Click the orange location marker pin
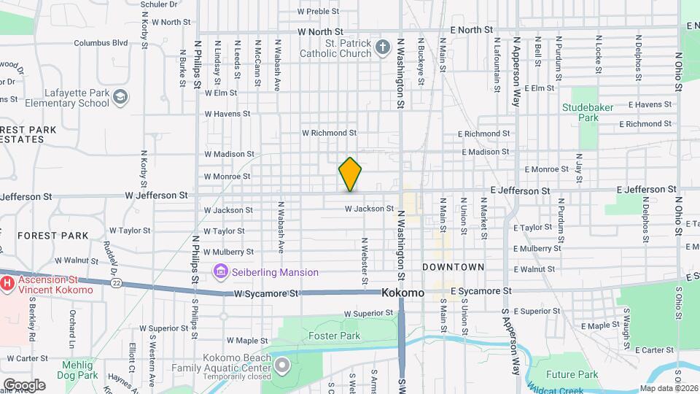[x=350, y=174]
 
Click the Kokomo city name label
[x=402, y=293]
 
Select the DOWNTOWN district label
[x=453, y=267]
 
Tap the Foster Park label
[x=334, y=336]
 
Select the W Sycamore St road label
[x=267, y=293]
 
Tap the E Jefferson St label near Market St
[x=520, y=190]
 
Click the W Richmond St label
[x=329, y=134]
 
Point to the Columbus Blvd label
[x=101, y=43]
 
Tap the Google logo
[x=24, y=385]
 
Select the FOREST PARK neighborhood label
[x=52, y=236]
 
